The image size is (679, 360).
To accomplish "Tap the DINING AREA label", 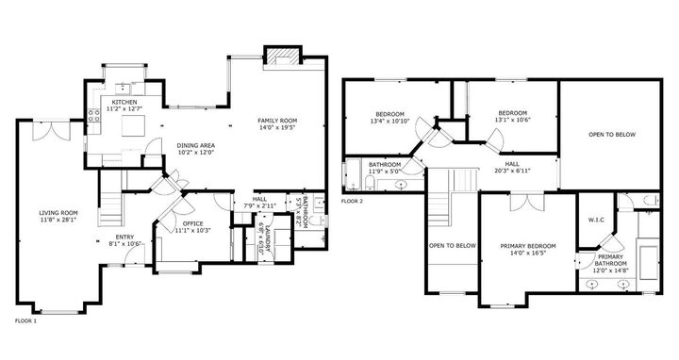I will click(x=196, y=144).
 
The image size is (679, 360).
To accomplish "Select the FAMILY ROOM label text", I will click(x=277, y=122).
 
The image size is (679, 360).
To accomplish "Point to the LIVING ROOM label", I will click(x=58, y=213).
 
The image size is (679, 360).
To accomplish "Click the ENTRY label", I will click(x=124, y=237).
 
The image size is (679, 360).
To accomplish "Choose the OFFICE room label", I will click(x=192, y=223).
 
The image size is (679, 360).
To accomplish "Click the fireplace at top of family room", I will click(x=282, y=57).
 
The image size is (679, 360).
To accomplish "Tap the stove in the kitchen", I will click(x=93, y=118).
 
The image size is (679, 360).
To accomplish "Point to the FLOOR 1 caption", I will click(x=25, y=321).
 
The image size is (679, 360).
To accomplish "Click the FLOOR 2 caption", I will click(x=352, y=201).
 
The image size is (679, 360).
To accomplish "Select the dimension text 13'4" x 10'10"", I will click(x=388, y=121).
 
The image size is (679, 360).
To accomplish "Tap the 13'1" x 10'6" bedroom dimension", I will click(x=512, y=120).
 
